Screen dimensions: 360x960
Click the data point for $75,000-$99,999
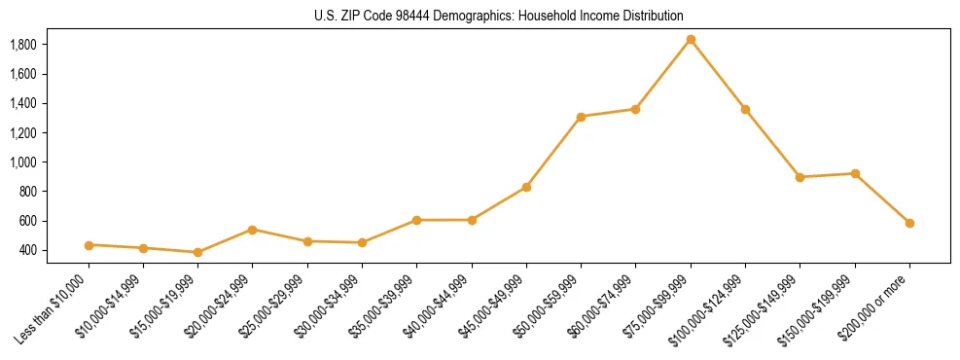point(691,40)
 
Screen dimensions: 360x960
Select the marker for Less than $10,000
point(89,245)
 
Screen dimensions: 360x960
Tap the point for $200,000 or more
point(909,223)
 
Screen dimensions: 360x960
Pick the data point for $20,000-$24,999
point(253,230)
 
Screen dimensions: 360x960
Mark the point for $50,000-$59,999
point(581,117)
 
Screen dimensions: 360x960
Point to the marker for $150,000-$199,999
point(855,173)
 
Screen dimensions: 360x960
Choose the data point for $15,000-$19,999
point(197,252)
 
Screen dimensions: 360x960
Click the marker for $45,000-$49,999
point(526,187)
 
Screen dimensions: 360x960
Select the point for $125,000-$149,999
point(800,177)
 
